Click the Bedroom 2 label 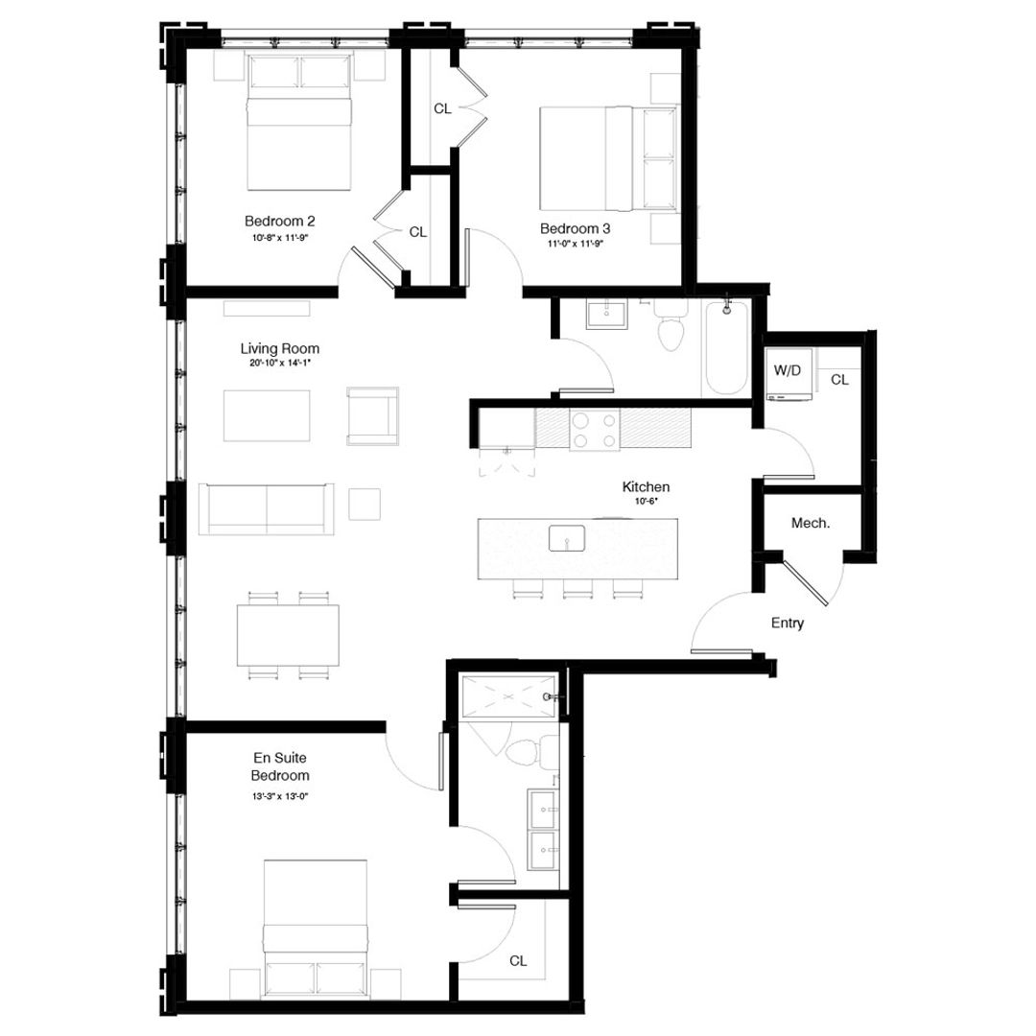[279, 222]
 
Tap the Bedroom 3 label [575, 228]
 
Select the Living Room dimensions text [279, 364]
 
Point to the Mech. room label [810, 523]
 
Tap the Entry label [787, 624]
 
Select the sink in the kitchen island [567, 539]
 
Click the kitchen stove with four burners [594, 429]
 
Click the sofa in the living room [266, 507]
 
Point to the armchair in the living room [372, 415]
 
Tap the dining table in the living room [288, 635]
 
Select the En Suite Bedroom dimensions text [279, 796]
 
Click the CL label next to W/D [839, 380]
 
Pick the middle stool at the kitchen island [577, 588]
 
